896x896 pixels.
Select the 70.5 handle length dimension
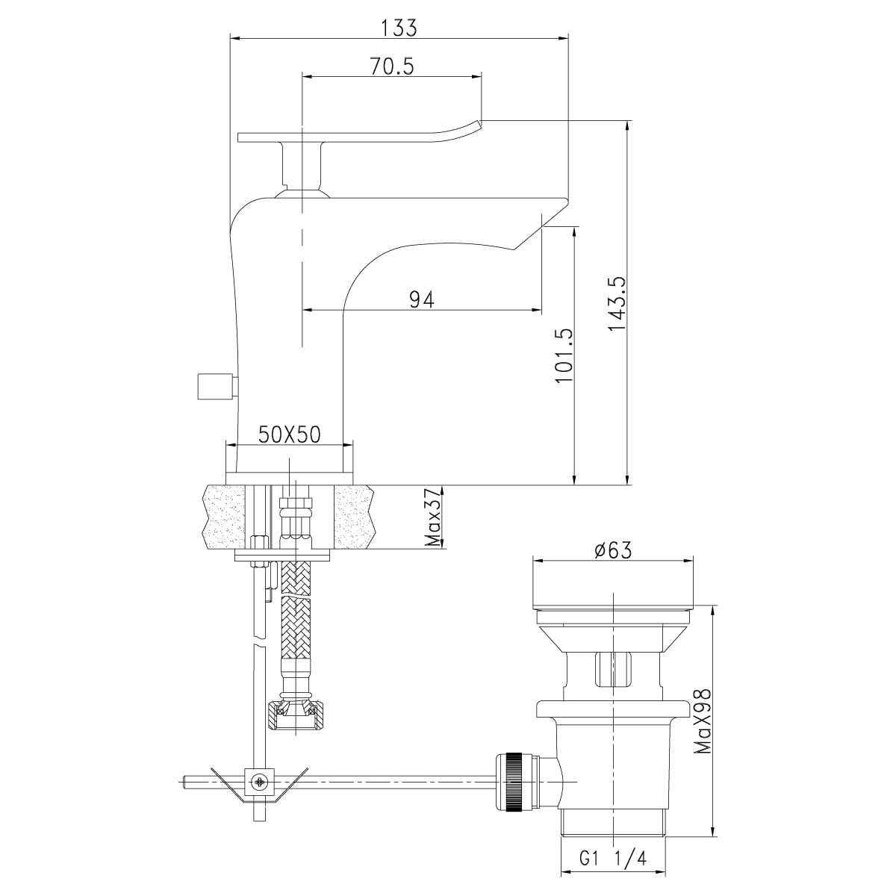pyautogui.click(x=391, y=67)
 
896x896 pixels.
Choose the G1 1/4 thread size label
pyautogui.click(x=612, y=859)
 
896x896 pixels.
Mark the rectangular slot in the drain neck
pyautogui.click(x=612, y=668)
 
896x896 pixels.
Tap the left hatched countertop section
pyautogui.click(x=225, y=517)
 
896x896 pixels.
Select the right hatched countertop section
pyautogui.click(x=353, y=517)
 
